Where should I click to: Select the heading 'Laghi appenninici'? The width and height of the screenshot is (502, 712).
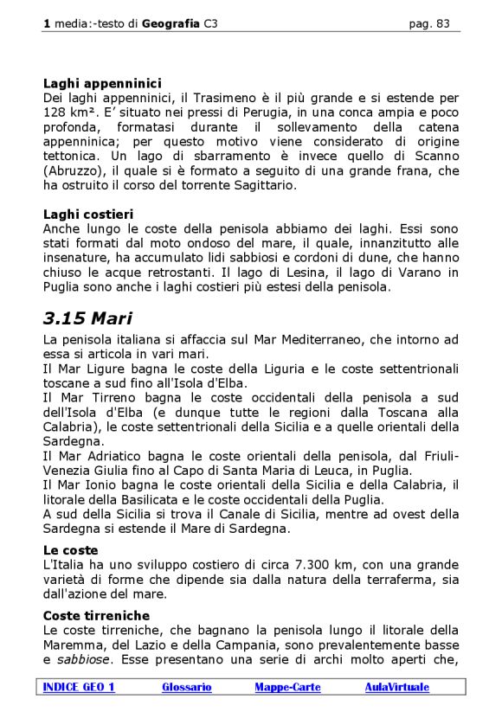[x=102, y=84]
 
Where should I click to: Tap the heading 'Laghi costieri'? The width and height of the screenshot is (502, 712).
[x=87, y=214]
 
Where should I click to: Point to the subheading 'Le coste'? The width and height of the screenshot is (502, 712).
[x=70, y=549]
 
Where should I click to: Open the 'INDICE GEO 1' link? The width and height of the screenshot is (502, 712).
[x=79, y=687]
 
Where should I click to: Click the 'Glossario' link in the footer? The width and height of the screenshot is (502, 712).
[x=186, y=687]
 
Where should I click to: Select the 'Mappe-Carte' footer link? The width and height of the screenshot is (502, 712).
[x=287, y=687]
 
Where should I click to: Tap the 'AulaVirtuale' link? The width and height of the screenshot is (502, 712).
[x=396, y=687]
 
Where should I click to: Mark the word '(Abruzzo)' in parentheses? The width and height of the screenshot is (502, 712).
[x=74, y=170]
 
